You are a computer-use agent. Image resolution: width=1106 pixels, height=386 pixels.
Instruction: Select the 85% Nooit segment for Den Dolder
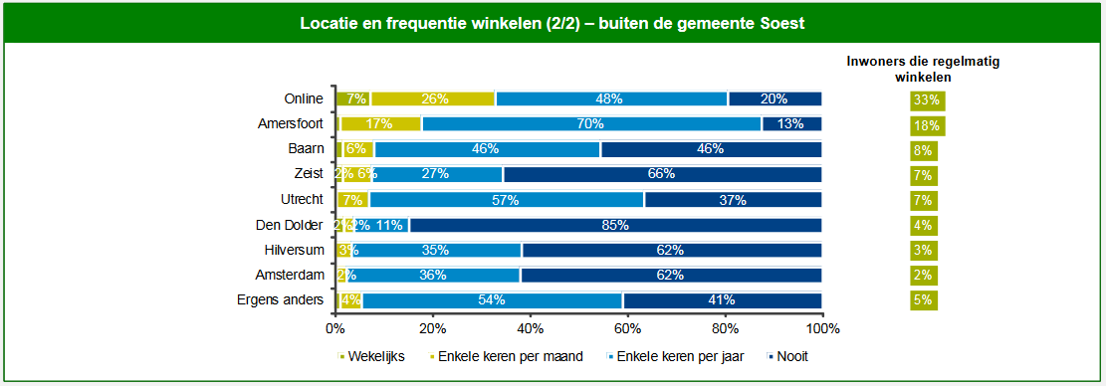[x=616, y=225]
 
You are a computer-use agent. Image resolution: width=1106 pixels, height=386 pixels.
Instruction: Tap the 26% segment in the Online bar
[x=433, y=98]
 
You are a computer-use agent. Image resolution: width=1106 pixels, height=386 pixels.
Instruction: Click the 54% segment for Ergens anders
[x=493, y=300]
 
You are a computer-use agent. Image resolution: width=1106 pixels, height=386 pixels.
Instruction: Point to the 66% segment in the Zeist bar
[x=662, y=174]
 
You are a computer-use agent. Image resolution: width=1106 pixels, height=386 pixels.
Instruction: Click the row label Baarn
[x=307, y=149]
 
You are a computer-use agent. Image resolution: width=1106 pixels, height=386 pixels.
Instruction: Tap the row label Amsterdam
[x=294, y=276]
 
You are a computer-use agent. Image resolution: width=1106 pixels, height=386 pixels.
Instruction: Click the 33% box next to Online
[x=926, y=100]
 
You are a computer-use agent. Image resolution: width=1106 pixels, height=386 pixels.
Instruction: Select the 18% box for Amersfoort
[x=926, y=125]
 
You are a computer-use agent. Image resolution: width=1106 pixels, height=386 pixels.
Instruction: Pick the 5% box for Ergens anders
[x=923, y=300]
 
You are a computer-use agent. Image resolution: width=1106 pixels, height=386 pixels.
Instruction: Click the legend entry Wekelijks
[x=375, y=357]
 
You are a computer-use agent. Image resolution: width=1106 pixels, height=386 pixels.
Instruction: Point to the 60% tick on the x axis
[x=627, y=328]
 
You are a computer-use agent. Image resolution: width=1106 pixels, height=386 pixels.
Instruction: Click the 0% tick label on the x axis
[x=335, y=328]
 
